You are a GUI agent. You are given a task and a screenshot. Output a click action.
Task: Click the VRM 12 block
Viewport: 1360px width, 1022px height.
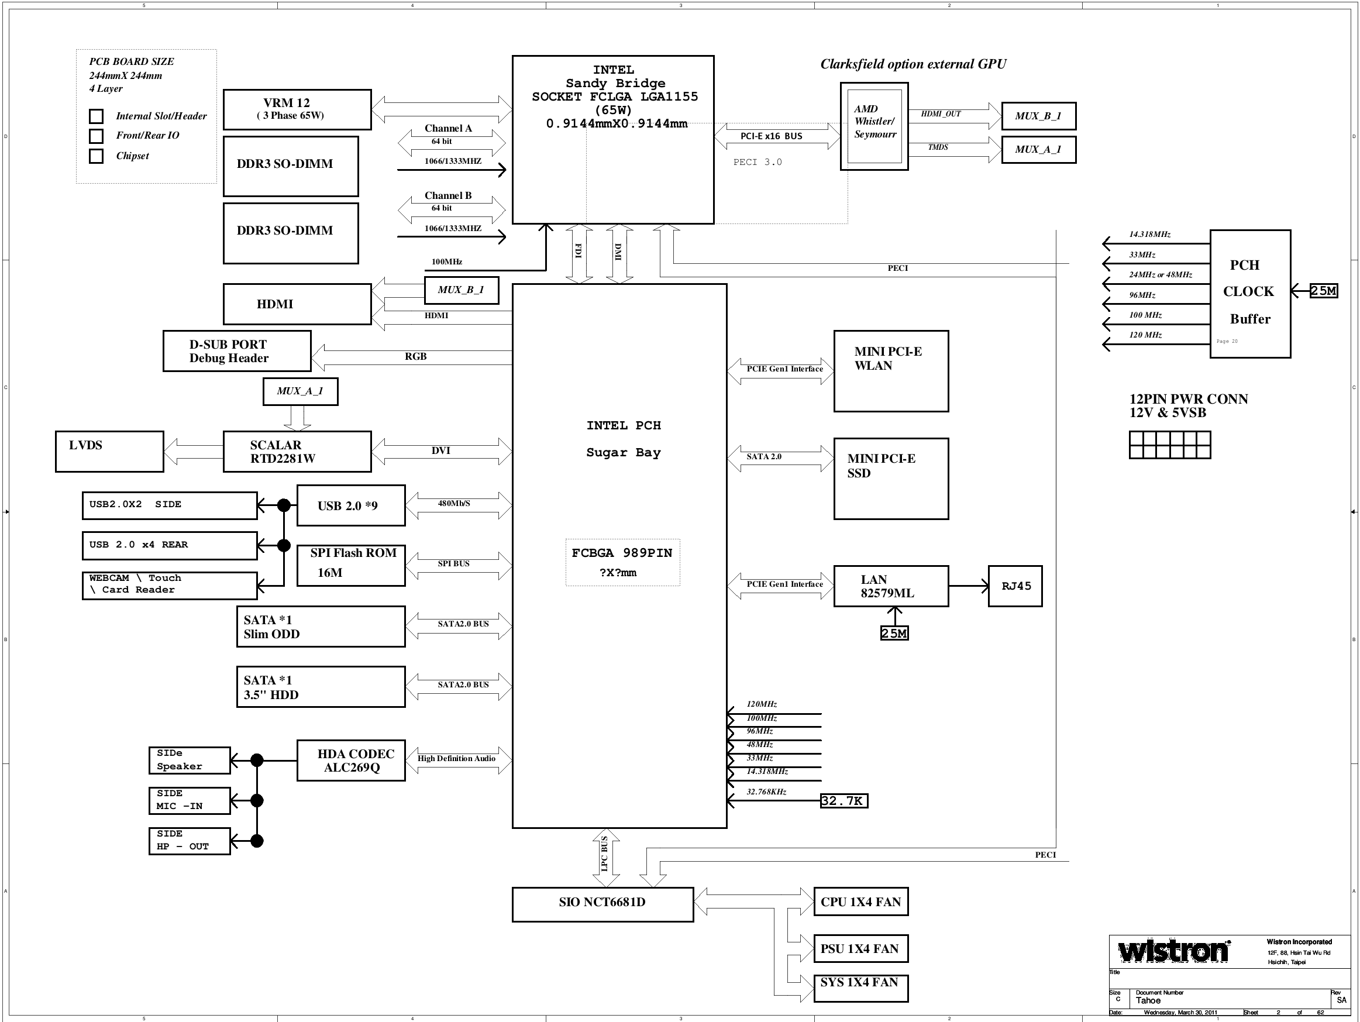click(297, 109)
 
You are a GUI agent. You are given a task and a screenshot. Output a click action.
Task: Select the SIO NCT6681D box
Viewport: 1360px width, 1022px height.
click(602, 904)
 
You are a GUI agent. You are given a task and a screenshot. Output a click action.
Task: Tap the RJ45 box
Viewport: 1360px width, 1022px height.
click(1015, 586)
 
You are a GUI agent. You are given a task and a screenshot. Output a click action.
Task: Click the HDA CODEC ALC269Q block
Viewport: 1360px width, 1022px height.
click(351, 761)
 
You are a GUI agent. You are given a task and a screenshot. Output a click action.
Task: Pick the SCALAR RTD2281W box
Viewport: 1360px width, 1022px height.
click(297, 452)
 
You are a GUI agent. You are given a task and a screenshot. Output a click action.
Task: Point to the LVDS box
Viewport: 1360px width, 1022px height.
click(109, 452)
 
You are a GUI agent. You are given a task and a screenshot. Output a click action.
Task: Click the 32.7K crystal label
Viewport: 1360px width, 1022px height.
click(844, 801)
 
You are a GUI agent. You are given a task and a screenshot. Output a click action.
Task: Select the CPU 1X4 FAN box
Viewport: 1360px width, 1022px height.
click(861, 901)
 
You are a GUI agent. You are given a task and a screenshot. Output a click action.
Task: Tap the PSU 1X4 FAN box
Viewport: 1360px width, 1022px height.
click(861, 948)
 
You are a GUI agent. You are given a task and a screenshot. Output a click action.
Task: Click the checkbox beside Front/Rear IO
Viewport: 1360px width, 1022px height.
click(96, 136)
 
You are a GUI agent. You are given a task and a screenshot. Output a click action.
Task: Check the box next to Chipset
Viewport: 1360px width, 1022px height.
click(96, 156)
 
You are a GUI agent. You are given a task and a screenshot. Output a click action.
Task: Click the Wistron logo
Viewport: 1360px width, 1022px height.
click(1175, 951)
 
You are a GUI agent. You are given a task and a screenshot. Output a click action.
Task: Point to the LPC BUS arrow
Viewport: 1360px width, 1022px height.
click(605, 858)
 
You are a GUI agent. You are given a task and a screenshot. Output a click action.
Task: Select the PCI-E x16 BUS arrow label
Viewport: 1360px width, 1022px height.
click(771, 136)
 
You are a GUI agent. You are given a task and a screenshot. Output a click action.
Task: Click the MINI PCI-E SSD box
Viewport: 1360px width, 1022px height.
click(891, 479)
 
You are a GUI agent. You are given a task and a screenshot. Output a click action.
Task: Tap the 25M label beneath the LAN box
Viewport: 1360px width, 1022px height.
click(894, 634)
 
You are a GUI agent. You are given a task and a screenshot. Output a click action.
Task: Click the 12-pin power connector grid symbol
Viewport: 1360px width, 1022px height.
click(1169, 445)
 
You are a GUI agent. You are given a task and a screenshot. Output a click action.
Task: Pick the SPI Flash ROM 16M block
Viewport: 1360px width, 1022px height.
click(351, 566)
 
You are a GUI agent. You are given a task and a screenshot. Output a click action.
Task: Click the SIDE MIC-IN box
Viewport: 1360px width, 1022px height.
click(190, 801)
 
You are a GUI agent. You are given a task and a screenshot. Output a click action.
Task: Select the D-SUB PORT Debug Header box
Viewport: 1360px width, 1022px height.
click(237, 351)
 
